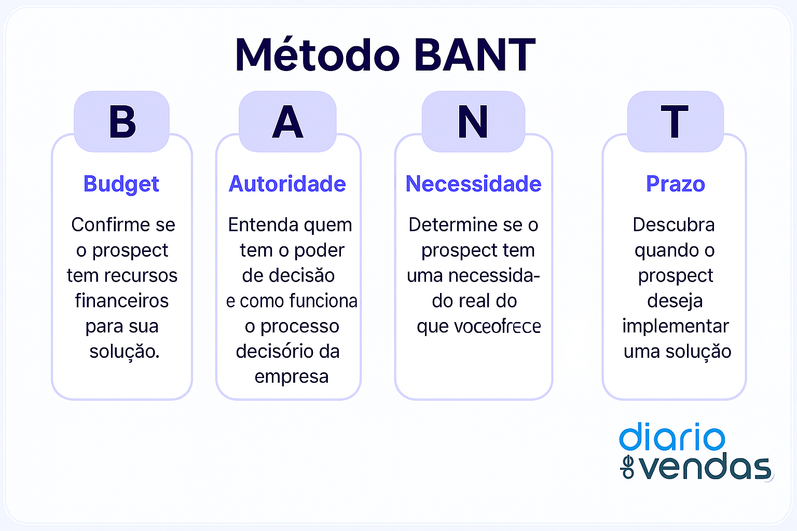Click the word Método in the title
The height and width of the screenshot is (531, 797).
tap(318, 55)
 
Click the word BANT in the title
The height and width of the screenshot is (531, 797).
tap(475, 55)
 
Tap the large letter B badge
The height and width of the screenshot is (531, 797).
tap(122, 122)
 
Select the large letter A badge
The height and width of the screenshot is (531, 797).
tap(287, 122)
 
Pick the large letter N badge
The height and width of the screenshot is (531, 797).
tap(473, 122)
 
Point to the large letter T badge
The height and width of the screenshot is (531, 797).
tap(675, 122)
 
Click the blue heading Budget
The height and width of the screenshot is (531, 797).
tap(121, 184)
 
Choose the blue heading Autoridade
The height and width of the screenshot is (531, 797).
tap(287, 184)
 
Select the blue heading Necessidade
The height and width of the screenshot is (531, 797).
tap(473, 184)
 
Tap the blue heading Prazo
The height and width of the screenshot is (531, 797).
tap(675, 184)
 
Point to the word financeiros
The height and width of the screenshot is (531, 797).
tap(121, 301)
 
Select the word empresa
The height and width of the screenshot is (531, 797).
tap(291, 376)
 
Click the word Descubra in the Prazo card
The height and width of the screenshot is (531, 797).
tap(674, 225)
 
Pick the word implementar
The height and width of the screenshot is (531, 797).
tap(675, 326)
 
